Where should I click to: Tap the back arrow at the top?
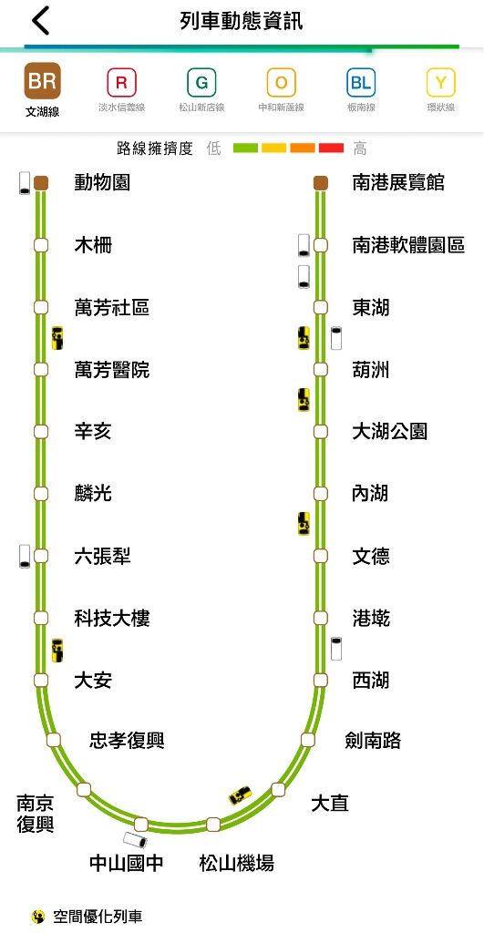click(x=40, y=22)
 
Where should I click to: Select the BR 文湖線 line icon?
click(x=42, y=81)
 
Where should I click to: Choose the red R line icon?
click(x=121, y=83)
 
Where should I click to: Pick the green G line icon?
click(x=201, y=83)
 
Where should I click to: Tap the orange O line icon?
click(x=281, y=83)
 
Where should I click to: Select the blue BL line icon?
click(x=361, y=83)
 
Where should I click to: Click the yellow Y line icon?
click(x=440, y=83)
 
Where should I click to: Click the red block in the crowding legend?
click(x=331, y=149)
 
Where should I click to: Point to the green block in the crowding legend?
click(x=245, y=149)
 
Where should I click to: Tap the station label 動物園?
click(x=102, y=182)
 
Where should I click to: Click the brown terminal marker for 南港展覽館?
click(x=321, y=183)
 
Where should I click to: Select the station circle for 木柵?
click(x=40, y=245)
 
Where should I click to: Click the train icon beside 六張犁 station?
click(x=25, y=556)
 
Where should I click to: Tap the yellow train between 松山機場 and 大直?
click(x=241, y=795)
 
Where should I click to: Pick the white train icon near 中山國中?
click(x=135, y=839)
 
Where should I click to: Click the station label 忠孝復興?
click(x=127, y=741)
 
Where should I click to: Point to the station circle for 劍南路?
click(x=307, y=740)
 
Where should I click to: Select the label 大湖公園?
click(x=389, y=431)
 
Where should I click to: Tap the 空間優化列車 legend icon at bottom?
click(x=38, y=917)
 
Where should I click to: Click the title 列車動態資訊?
click(x=242, y=22)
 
